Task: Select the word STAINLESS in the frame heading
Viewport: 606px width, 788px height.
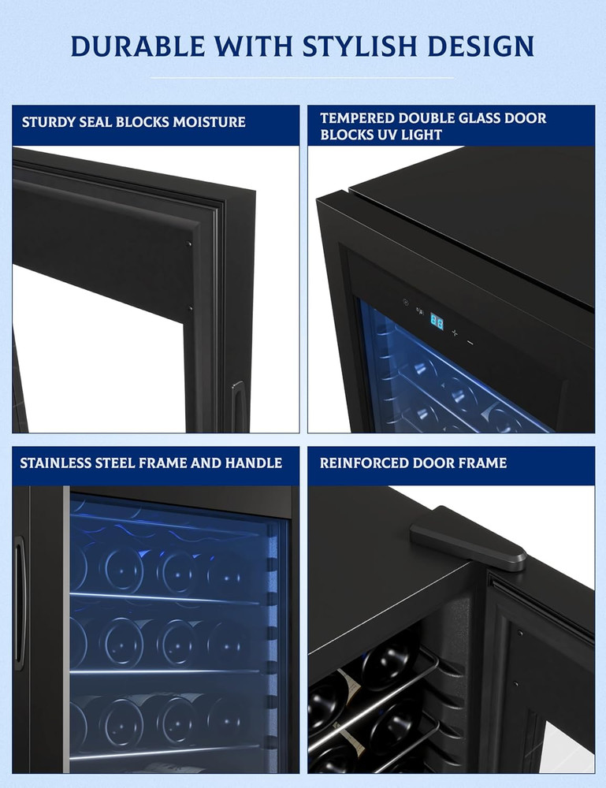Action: tap(57, 463)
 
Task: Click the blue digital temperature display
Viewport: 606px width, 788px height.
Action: tap(436, 322)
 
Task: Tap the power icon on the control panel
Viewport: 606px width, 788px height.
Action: tap(406, 301)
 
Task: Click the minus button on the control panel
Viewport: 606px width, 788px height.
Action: tap(470, 342)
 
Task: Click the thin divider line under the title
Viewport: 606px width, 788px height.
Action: tap(303, 77)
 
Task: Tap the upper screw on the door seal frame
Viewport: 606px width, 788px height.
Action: tap(189, 244)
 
